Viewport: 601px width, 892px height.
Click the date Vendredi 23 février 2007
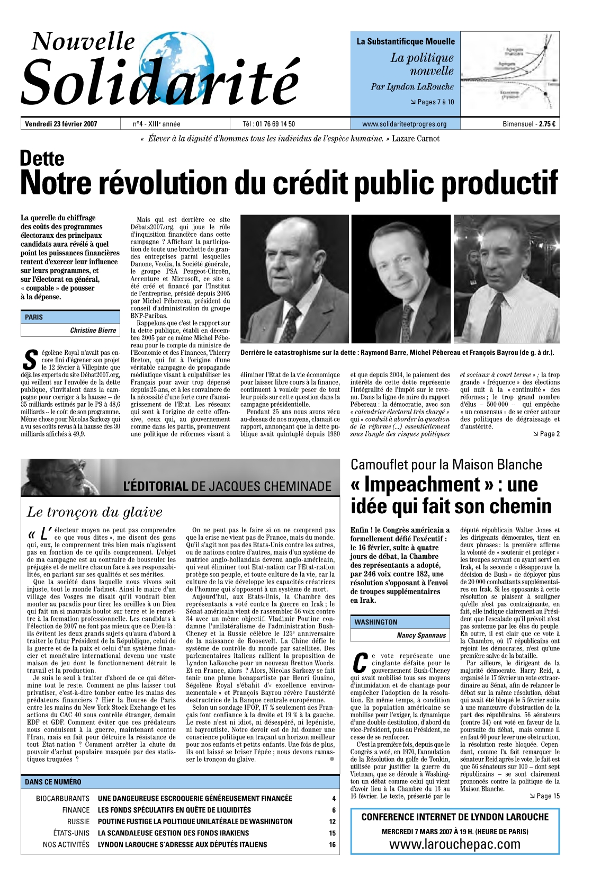[x=61, y=124]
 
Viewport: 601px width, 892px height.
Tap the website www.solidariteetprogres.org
[x=404, y=124]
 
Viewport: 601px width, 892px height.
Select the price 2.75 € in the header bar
[x=547, y=124]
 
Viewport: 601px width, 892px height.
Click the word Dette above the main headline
[x=42, y=158]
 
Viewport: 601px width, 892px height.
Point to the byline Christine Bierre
[x=93, y=330]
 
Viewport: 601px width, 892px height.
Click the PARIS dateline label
[x=34, y=317]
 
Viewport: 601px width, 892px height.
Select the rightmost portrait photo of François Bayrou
[x=506, y=279]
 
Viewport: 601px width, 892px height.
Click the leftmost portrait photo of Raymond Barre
[x=294, y=279]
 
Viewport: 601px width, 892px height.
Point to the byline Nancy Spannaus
[x=421, y=635]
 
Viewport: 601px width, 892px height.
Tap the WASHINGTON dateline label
[x=376, y=622]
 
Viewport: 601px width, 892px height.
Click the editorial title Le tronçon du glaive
[x=94, y=512]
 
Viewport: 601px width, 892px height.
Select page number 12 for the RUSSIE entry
[x=332, y=822]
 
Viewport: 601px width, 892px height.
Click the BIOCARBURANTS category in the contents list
[x=62, y=798]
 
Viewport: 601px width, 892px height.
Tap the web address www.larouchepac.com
[x=454, y=844]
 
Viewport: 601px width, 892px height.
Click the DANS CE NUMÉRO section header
[x=53, y=782]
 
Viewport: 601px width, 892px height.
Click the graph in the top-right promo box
[x=509, y=73]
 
